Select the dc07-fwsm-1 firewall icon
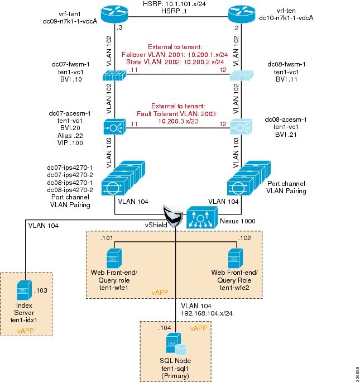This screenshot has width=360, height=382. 114,77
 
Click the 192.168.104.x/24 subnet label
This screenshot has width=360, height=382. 207,313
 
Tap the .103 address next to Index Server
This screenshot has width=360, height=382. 42,291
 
